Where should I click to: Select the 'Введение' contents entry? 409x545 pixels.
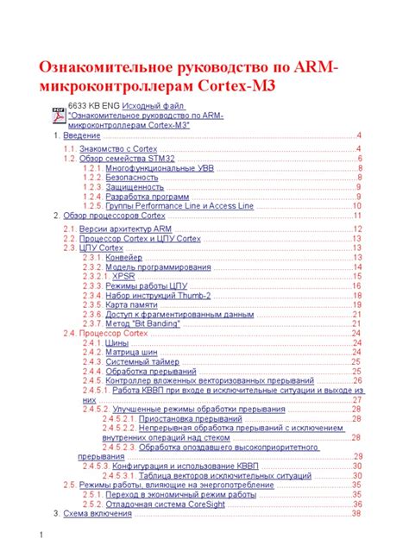pos(82,136)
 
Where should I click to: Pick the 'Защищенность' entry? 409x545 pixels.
pos(135,187)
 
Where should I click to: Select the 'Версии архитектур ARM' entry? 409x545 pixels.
pos(125,229)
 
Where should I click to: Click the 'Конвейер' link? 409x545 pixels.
pos(124,257)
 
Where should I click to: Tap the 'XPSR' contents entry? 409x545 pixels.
pos(124,276)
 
